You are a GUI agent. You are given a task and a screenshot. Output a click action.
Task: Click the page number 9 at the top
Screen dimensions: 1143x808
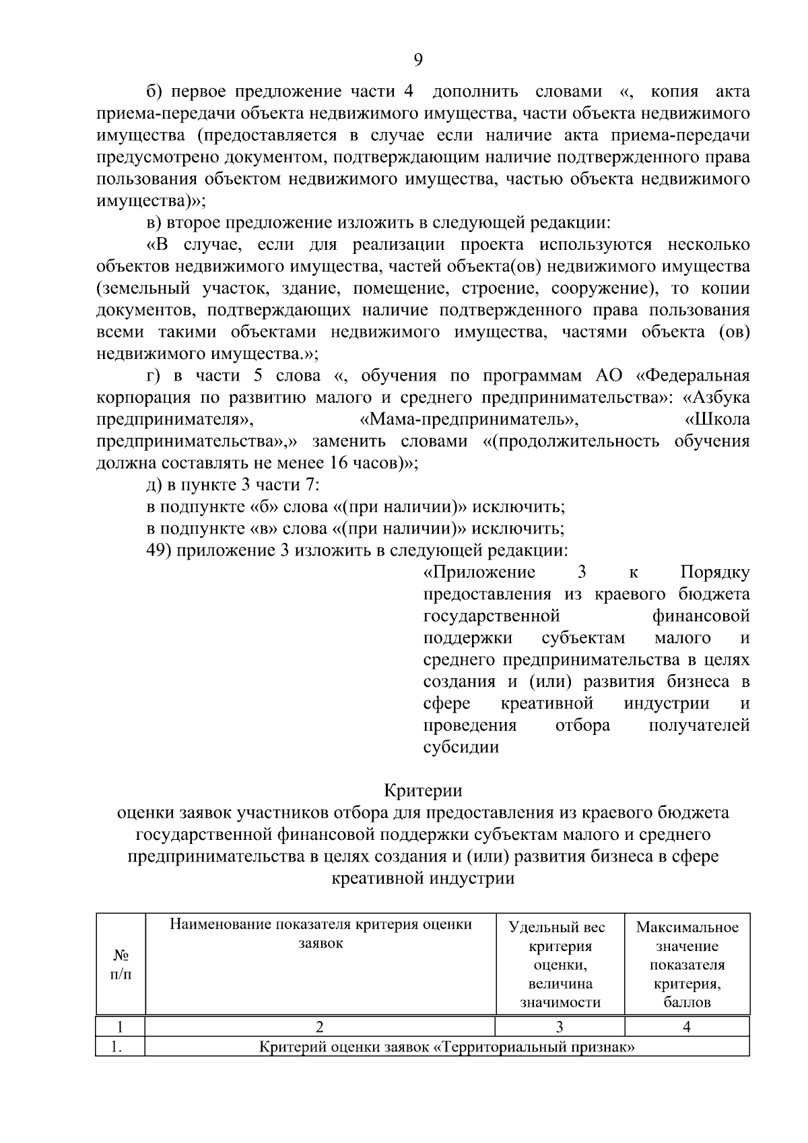coord(417,61)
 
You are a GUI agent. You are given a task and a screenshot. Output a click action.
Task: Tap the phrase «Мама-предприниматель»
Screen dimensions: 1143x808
coord(469,420)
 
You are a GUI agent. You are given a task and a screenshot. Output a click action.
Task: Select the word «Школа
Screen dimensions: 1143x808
coord(716,420)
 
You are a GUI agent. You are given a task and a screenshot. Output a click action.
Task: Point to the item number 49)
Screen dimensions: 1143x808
coord(161,551)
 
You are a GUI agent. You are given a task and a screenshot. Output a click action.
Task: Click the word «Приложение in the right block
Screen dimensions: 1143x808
coord(479,573)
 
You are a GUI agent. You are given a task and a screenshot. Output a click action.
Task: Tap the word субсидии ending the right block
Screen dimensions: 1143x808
coord(461,747)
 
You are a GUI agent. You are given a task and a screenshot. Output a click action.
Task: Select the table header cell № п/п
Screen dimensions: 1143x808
coord(121,965)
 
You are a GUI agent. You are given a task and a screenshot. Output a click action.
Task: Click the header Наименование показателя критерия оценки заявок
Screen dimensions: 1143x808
coord(321,934)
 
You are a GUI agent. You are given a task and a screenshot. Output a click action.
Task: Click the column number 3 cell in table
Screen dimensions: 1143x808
coord(560,1026)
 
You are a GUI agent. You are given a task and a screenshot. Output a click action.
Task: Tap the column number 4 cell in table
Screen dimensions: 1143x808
coord(687,1026)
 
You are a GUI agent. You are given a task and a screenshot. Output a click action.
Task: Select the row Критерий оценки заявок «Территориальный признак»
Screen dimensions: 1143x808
coord(446,1047)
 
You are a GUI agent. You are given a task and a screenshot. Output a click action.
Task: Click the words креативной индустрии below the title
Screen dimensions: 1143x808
coord(423,878)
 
